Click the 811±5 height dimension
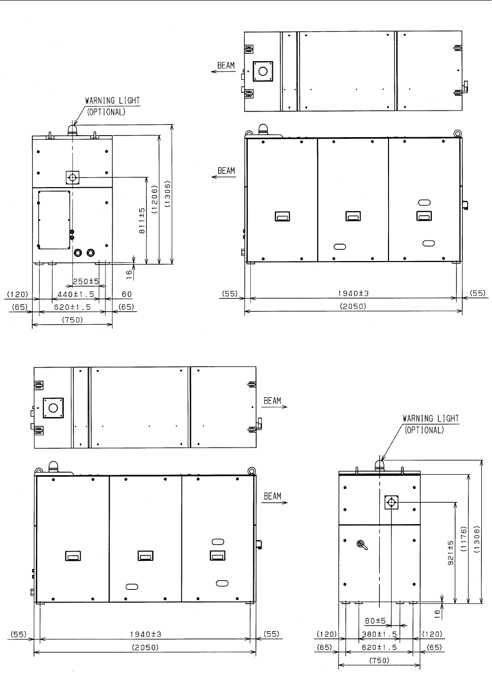tap(142, 221)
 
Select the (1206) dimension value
tap(154, 199)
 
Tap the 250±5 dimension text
tap(86, 281)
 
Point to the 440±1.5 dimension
tap(75, 294)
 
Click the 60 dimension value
tap(126, 294)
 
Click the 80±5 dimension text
tap(375, 621)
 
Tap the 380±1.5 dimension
tap(379, 634)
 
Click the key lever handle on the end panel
tap(362, 545)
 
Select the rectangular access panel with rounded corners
tap(54, 220)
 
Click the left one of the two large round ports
tap(78, 253)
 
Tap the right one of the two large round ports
tap(91, 253)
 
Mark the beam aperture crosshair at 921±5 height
tap(392, 502)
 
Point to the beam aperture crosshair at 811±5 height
tap(72, 177)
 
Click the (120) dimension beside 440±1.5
tap(17, 294)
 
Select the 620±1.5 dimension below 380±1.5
tap(379, 647)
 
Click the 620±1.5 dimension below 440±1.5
tap(72, 307)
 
